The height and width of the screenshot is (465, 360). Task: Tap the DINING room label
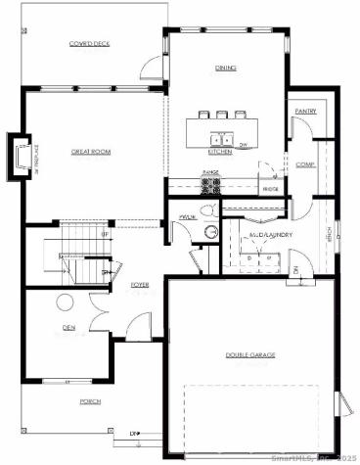coord(227,68)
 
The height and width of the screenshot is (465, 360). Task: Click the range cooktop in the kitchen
coord(210,184)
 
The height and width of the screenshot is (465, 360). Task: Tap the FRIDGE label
coord(270,189)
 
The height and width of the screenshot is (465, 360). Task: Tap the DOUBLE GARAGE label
coord(250,354)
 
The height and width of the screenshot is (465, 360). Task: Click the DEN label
coord(67,327)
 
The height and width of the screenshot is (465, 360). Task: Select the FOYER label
coord(140,285)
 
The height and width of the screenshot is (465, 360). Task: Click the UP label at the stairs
coord(105,235)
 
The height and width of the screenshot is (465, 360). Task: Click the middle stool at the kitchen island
coord(222,114)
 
